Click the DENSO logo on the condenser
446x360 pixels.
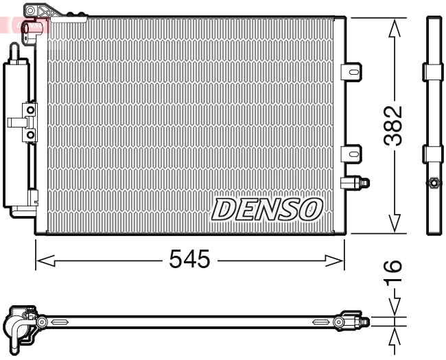click(x=267, y=209)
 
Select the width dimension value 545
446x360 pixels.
click(x=189, y=260)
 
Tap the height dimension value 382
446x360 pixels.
click(x=393, y=125)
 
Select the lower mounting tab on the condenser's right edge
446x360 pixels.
click(x=351, y=153)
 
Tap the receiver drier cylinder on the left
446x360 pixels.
click(x=16, y=134)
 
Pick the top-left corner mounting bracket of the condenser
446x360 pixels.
click(x=40, y=11)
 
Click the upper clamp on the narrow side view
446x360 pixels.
click(x=433, y=71)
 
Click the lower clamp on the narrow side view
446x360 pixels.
click(x=433, y=153)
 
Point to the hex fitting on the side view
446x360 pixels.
click(x=433, y=182)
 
